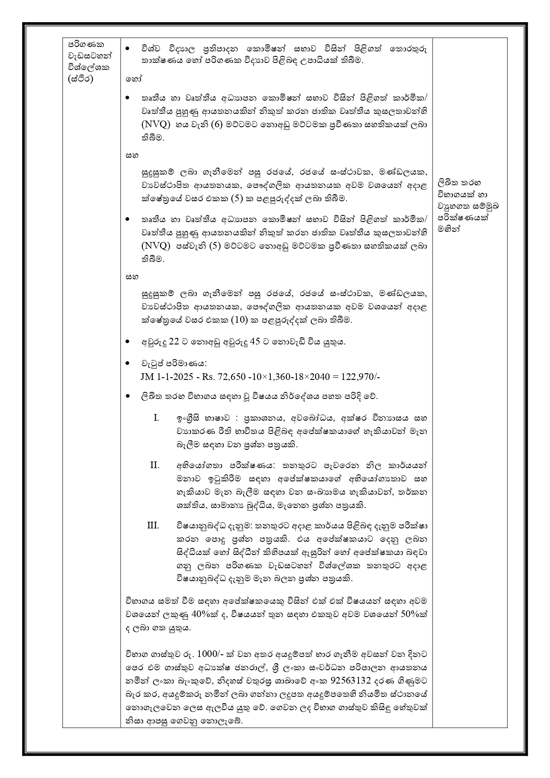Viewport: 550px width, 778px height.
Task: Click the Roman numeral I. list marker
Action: (x=156, y=418)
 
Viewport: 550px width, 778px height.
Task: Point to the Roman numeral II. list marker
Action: (x=155, y=465)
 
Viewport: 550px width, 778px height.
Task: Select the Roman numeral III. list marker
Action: (x=153, y=525)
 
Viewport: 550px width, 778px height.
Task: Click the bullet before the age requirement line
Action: (x=128, y=342)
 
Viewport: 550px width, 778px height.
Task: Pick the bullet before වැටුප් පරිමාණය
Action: (x=128, y=364)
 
